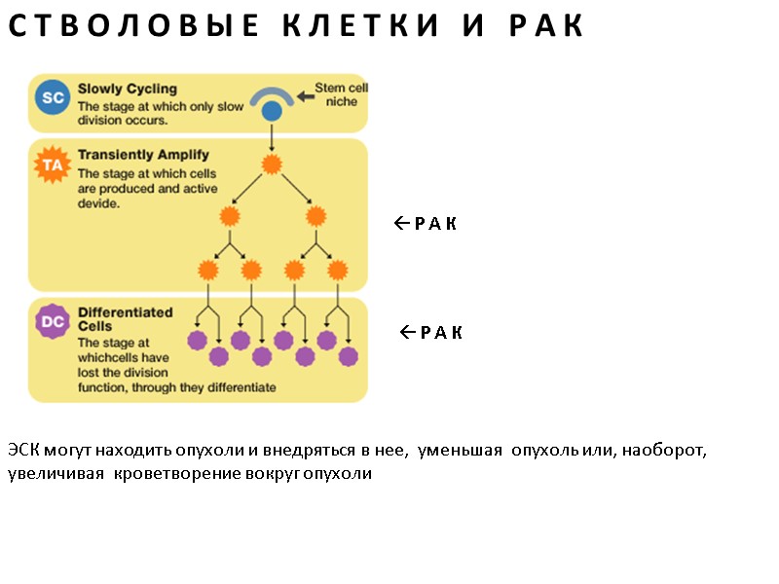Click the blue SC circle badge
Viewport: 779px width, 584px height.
[x=53, y=97]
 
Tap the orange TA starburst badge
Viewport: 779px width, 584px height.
[x=53, y=165]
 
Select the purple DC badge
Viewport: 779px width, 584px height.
[x=53, y=321]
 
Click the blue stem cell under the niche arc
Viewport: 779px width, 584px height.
[x=272, y=112]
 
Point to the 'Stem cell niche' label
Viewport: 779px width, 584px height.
[x=340, y=94]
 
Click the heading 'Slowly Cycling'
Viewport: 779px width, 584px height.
[x=127, y=89]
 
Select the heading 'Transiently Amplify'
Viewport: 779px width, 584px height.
[x=143, y=154]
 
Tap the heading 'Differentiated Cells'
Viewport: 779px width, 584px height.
[x=125, y=319]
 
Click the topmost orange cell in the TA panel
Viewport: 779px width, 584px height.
[x=272, y=161]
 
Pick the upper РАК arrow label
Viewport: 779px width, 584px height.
[x=426, y=224]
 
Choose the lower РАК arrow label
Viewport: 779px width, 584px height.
[x=431, y=333]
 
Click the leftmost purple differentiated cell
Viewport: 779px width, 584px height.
[x=198, y=341]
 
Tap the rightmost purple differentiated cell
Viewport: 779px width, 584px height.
[x=349, y=356]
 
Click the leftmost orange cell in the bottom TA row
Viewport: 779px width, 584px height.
[x=208, y=270]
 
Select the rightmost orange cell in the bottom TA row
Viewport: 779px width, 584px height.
[x=337, y=270]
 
